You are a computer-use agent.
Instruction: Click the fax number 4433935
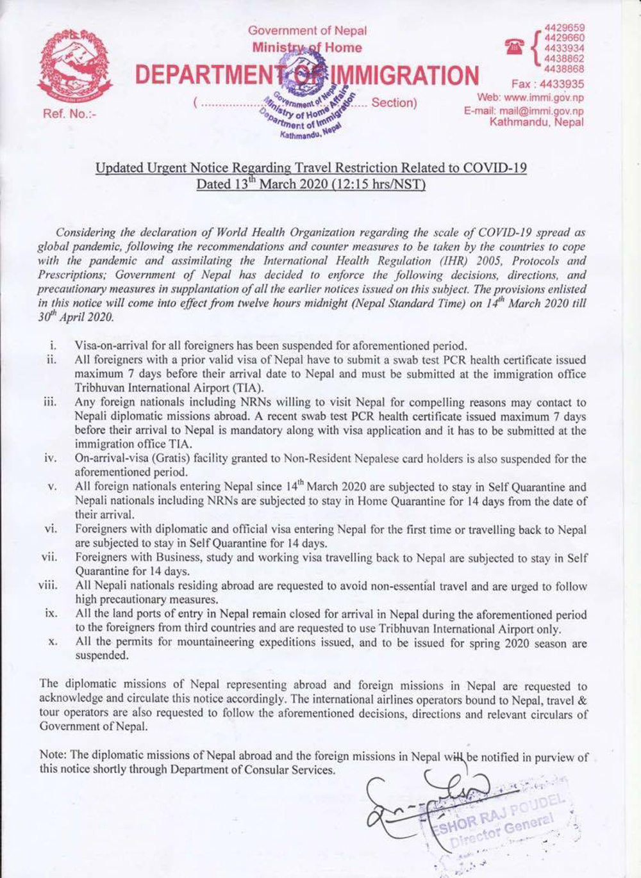[562, 84]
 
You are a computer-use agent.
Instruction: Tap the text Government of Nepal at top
[307, 31]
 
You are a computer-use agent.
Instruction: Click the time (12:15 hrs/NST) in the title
[376, 184]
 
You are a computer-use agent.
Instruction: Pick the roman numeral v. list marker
[53, 488]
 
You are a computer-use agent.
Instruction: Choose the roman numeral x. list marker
[53, 642]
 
